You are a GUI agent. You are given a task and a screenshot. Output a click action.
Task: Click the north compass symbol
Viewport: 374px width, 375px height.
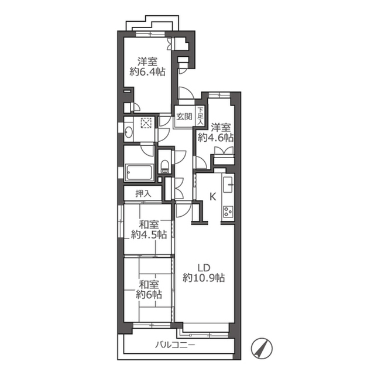(262, 348)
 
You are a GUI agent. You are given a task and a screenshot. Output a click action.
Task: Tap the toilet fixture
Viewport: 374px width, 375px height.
(164, 166)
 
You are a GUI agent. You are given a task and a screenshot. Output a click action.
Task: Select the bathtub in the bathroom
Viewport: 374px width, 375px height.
(140, 173)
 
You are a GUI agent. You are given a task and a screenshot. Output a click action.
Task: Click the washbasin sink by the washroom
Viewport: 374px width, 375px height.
(128, 132)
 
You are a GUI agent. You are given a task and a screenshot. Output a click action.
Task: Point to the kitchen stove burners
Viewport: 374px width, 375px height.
(228, 212)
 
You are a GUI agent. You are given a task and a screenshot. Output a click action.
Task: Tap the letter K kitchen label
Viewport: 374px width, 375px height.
(212, 197)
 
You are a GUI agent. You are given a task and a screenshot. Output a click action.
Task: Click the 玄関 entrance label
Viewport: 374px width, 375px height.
(184, 117)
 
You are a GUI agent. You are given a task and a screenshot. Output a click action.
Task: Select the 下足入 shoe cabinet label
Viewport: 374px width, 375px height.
(200, 116)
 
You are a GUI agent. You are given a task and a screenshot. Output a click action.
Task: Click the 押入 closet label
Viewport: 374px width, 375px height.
(143, 193)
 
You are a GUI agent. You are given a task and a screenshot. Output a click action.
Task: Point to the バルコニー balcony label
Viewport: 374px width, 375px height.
(175, 345)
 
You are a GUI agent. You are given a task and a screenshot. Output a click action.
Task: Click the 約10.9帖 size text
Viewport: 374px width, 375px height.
(204, 278)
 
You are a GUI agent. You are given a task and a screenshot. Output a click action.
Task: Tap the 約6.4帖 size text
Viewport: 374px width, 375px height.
(147, 71)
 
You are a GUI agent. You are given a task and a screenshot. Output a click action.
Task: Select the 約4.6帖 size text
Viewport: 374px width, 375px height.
(215, 138)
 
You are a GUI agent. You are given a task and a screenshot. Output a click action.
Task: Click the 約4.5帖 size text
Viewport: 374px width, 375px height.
(149, 235)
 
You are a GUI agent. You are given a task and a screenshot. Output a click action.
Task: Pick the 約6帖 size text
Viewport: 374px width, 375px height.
(149, 295)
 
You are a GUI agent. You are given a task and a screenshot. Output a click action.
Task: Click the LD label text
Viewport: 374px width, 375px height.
(204, 268)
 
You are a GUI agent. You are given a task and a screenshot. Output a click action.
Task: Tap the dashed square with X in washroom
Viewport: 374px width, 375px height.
(146, 123)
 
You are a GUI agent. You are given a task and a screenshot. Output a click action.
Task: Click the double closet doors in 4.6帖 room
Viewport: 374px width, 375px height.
(224, 151)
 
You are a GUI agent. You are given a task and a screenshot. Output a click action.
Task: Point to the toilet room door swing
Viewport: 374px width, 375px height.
(179, 156)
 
